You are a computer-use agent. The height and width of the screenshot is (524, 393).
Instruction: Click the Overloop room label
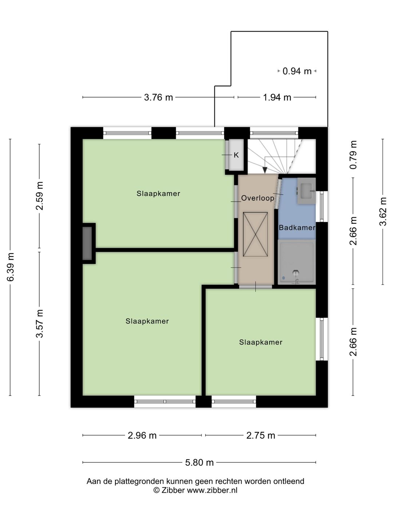click(x=258, y=198)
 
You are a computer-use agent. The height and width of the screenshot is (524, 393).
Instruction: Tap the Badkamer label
click(x=297, y=227)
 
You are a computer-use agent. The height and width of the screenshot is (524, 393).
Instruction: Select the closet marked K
click(x=236, y=155)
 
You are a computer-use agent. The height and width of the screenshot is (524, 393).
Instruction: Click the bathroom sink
click(x=306, y=191)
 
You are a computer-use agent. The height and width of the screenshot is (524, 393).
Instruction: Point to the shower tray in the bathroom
click(x=297, y=262)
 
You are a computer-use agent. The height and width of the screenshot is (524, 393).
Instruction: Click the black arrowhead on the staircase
click(x=265, y=170)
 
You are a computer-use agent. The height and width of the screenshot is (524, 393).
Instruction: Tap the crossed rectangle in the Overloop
click(x=255, y=234)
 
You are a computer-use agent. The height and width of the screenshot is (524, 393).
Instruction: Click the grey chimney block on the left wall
click(x=87, y=243)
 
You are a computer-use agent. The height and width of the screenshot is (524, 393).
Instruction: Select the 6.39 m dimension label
click(x=11, y=267)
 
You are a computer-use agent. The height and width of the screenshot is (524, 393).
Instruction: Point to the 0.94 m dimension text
click(x=297, y=71)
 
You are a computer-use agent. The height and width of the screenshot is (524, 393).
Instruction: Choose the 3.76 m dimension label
click(x=158, y=98)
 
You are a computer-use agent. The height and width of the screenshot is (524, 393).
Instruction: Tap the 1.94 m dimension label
click(x=277, y=98)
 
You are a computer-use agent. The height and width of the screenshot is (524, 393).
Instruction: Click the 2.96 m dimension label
click(x=142, y=436)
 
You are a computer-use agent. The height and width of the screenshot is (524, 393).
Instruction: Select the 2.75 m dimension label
click(x=261, y=436)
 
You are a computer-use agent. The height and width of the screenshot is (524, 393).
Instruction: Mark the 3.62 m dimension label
click(x=383, y=211)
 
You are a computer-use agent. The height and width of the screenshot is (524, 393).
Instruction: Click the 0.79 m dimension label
click(x=353, y=155)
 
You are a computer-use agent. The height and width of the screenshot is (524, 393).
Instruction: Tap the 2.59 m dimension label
click(x=40, y=196)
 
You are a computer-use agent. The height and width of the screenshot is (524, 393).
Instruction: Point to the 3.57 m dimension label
click(x=40, y=324)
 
